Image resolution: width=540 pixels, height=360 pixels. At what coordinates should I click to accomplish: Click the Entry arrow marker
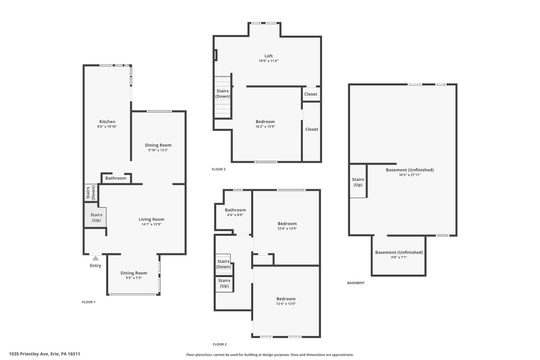(96, 258)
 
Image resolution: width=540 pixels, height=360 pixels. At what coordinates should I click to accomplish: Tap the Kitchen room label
(107, 122)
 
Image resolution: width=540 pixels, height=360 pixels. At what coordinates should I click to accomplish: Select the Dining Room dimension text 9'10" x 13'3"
(158, 150)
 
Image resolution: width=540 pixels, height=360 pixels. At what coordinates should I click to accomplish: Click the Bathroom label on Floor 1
(116, 178)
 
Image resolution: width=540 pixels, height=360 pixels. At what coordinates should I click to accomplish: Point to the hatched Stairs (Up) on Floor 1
(96, 217)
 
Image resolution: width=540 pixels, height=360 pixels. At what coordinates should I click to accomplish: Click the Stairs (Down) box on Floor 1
(90, 193)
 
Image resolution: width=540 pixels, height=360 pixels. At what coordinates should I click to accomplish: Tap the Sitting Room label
(134, 273)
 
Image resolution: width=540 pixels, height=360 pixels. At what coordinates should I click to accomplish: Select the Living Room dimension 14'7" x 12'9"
(151, 225)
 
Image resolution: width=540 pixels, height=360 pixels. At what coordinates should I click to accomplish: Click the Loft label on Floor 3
(269, 56)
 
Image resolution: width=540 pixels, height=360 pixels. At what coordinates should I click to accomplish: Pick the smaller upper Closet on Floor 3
(311, 94)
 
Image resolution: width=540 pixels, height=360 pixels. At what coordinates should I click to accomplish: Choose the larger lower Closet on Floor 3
(311, 129)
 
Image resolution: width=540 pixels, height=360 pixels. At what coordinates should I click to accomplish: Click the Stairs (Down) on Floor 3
(223, 93)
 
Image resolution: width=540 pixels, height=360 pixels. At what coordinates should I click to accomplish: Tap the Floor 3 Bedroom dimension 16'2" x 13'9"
(265, 127)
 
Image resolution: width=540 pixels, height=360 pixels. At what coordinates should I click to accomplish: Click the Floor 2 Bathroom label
(235, 210)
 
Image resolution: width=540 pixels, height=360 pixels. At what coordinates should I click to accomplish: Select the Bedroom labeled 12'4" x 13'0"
(286, 304)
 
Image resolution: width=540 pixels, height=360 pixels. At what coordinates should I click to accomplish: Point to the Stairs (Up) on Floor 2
(224, 283)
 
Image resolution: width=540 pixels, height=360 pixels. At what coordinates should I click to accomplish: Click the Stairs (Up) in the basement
(358, 182)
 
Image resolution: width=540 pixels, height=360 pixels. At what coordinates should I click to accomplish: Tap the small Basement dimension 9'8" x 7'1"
(399, 257)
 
